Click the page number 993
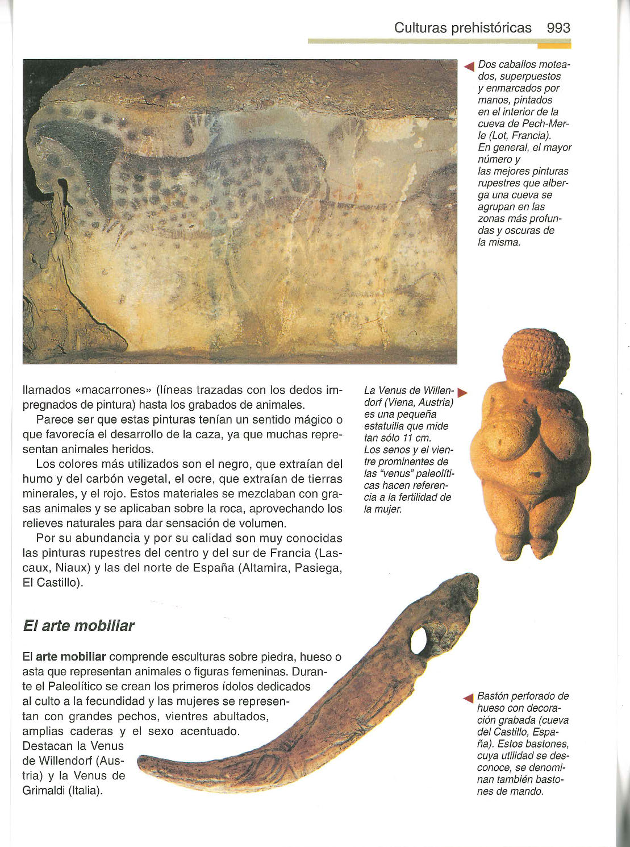click(x=558, y=28)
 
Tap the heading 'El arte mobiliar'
click(x=78, y=626)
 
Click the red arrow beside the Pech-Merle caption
click(x=469, y=67)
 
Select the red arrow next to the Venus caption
click(x=462, y=392)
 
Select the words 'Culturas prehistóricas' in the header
click(x=462, y=28)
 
